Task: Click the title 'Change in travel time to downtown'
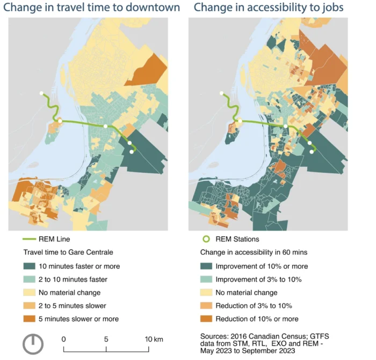click(93, 8)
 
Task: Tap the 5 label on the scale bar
click(106, 339)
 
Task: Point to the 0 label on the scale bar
click(63, 339)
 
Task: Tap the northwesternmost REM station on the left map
click(41, 93)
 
